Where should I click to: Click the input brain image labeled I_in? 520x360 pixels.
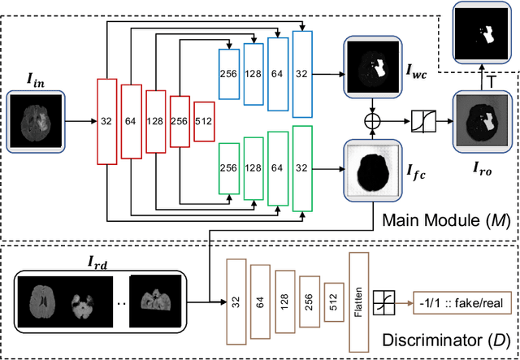[x=35, y=122]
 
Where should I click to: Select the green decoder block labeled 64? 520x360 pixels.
[x=278, y=168]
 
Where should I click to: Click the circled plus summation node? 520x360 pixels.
[x=375, y=121]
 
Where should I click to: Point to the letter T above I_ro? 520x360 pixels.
[x=491, y=80]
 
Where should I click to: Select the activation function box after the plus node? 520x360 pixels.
[x=422, y=121]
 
